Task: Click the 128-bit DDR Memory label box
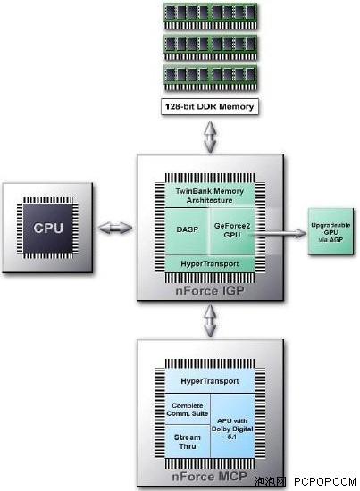(210, 106)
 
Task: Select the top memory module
(211, 16)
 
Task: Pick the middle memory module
(211, 47)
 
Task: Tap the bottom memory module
(211, 78)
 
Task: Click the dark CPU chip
(48, 228)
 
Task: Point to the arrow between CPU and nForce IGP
(115, 228)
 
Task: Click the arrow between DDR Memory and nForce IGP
(210, 137)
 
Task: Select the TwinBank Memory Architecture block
(210, 196)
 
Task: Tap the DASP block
(187, 231)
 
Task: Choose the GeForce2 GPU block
(232, 231)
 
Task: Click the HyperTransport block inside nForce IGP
(210, 263)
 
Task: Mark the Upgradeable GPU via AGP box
(331, 232)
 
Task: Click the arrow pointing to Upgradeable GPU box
(278, 233)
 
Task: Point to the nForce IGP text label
(210, 291)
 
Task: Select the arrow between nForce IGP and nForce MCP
(210, 320)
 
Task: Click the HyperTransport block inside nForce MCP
(210, 381)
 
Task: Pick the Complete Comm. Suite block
(188, 409)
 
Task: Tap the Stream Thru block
(188, 442)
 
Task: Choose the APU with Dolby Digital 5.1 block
(232, 426)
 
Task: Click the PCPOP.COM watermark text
(325, 481)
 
